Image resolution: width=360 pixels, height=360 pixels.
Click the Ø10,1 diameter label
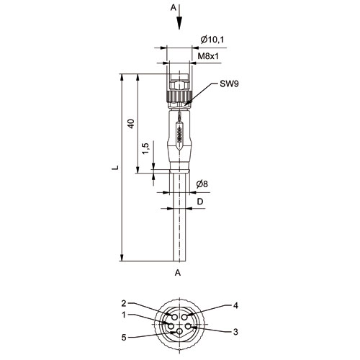(212, 40)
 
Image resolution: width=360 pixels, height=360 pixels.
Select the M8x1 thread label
(208, 56)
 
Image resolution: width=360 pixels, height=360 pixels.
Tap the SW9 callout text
(229, 84)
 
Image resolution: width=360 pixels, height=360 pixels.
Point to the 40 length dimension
(131, 123)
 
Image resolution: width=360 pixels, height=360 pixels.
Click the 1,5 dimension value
(145, 148)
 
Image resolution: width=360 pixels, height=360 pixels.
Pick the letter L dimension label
(115, 167)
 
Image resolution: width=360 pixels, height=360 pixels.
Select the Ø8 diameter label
(202, 184)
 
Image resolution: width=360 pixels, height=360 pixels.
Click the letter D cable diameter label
(200, 202)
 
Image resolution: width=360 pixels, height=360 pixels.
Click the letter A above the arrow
(173, 8)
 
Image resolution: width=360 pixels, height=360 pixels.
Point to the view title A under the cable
(178, 273)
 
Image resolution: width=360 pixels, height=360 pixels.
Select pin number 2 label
(124, 304)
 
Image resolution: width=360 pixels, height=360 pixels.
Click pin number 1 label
(124, 315)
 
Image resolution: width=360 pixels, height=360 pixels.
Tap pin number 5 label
(124, 338)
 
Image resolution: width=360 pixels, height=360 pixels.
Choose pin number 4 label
(235, 305)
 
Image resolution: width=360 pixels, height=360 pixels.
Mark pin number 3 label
(235, 332)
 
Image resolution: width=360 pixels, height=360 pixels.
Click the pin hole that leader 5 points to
(179, 332)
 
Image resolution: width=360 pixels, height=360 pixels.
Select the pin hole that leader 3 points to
(189, 326)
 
